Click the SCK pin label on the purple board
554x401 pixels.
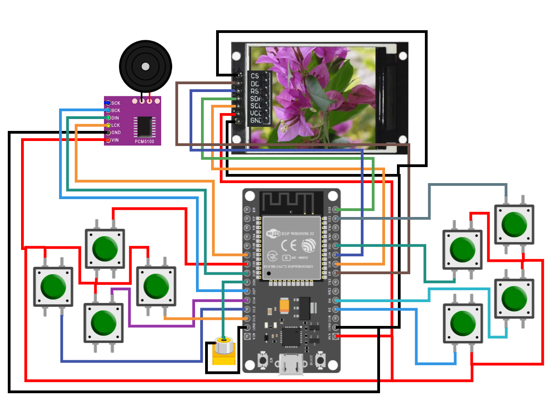coord(115,103)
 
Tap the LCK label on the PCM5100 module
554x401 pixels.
coord(115,125)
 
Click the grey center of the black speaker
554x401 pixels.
coord(145,66)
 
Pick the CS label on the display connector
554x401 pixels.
coord(255,76)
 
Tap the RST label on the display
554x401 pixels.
coord(255,91)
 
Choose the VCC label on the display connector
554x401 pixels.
coord(255,113)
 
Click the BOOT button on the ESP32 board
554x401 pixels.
coord(320,361)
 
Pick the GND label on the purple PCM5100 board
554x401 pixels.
coord(116,132)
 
